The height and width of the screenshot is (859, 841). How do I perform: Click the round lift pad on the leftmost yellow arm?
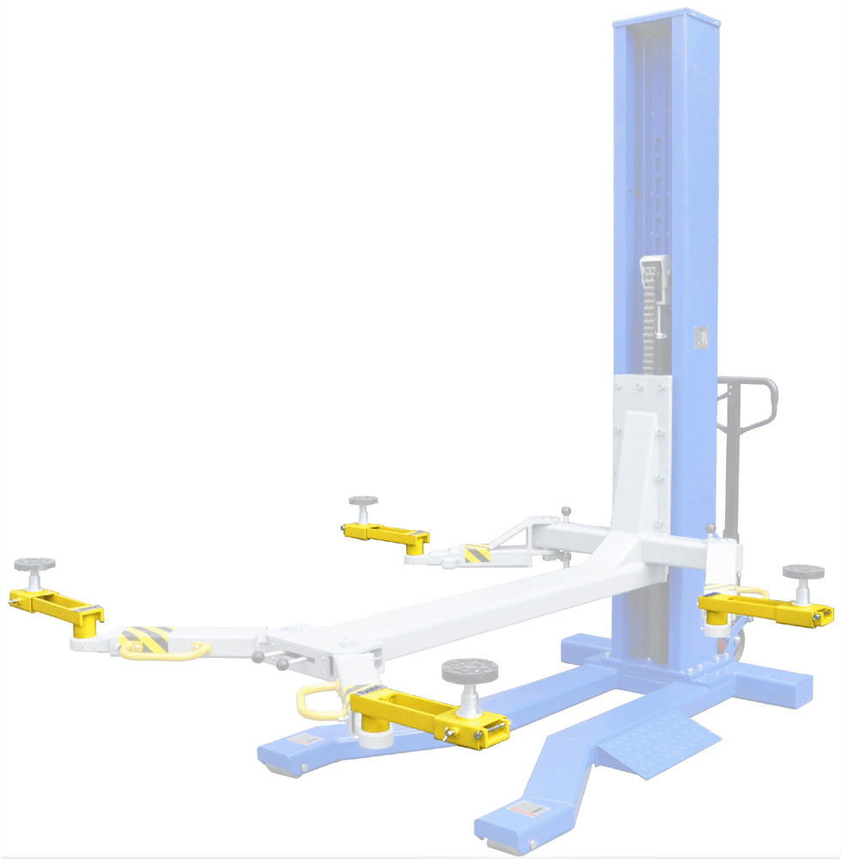[34, 564]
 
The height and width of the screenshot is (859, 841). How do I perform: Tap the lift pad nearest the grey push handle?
[803, 572]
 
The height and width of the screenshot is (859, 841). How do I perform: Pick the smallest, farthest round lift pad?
[364, 502]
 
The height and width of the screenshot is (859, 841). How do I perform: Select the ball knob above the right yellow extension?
[710, 527]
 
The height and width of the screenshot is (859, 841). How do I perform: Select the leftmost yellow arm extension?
[56, 606]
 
